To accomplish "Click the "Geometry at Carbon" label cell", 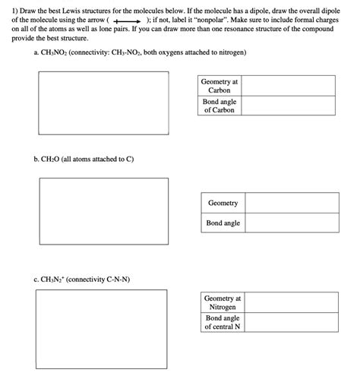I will [x=219, y=86].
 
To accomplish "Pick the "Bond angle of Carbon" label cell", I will [x=219, y=106].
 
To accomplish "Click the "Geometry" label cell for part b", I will [x=223, y=203].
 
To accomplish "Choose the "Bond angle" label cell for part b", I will [x=223, y=223].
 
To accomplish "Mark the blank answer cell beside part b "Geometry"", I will [x=292, y=203].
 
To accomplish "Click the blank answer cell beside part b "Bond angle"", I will [x=292, y=223].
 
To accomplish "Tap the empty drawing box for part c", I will [x=103, y=324].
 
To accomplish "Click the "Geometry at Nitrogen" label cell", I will [x=223, y=303].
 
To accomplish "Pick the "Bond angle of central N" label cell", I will [x=223, y=323].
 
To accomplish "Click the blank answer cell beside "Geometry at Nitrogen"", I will [x=292, y=303].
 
